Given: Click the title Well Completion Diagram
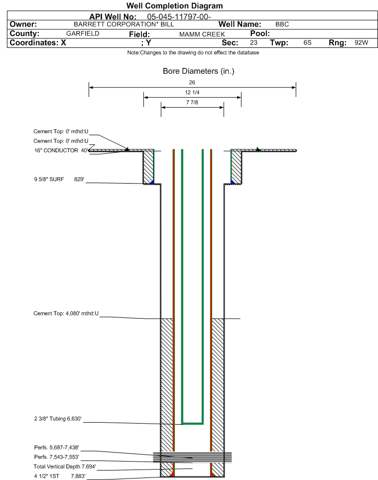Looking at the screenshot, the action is [174, 6].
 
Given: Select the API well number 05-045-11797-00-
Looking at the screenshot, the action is [179, 17].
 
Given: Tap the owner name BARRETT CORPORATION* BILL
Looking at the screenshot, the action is [124, 24].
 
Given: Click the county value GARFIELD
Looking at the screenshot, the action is [83, 33].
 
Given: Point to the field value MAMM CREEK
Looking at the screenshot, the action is [202, 34].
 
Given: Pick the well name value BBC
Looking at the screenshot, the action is [282, 24].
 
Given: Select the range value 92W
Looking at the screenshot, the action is [361, 42].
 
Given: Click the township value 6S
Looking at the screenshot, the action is [307, 42].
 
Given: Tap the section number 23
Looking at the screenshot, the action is [253, 42].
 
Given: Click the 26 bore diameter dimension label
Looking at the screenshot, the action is [192, 82].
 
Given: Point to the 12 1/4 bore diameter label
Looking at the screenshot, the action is [192, 92].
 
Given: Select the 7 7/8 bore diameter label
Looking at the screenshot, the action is [192, 103].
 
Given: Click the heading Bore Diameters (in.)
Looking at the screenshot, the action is [199, 71].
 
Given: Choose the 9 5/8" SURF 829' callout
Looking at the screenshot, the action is [59, 179].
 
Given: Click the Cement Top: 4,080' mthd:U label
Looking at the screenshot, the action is [66, 313].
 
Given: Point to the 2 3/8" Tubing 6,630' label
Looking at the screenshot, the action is [58, 419].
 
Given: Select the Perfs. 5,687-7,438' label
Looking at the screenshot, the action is [57, 448].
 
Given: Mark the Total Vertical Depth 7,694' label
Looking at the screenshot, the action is [65, 467].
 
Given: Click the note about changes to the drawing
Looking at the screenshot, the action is [193, 53].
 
